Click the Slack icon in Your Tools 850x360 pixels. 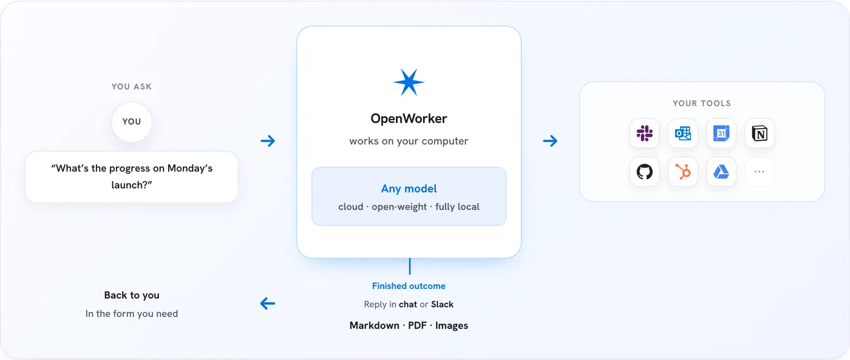click(644, 133)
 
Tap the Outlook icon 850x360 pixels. click(682, 133)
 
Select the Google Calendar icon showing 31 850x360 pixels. click(721, 133)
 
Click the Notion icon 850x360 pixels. click(760, 133)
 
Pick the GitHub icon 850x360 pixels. click(644, 171)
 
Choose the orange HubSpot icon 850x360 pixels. click(682, 171)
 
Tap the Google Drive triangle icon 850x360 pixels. click(721, 171)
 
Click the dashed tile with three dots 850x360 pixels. click(760, 171)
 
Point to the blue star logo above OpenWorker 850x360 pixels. click(409, 83)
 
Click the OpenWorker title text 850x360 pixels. click(409, 118)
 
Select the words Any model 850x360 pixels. click(409, 189)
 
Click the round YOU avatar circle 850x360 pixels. click(132, 122)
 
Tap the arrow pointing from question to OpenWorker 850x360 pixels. click(268, 141)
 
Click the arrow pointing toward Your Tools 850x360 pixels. click(550, 141)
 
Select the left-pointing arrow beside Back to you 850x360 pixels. click(268, 303)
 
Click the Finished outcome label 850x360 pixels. click(409, 286)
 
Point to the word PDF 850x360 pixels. click(417, 325)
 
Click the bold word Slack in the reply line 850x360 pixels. click(442, 304)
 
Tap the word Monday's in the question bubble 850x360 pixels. click(189, 168)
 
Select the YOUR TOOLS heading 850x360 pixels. click(702, 103)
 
